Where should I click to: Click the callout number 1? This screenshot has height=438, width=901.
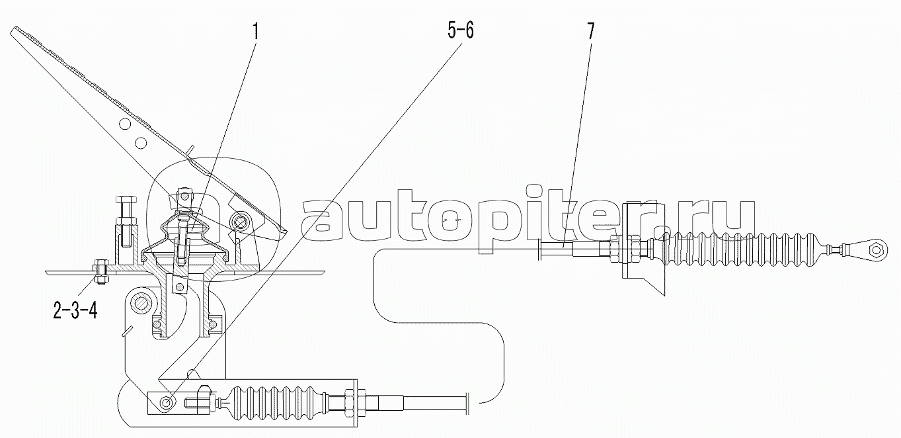[x=255, y=31]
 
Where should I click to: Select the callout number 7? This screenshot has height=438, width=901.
[x=590, y=31]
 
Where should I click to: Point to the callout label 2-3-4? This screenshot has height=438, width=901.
[x=75, y=311]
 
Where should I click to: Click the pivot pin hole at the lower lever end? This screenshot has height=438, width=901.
[x=166, y=402]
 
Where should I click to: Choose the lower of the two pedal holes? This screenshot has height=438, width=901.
[x=140, y=142]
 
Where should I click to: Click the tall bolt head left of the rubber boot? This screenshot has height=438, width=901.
[x=127, y=200]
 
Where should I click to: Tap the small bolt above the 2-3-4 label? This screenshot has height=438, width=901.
[x=100, y=274]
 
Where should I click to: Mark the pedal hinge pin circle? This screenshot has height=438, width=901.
[x=242, y=220]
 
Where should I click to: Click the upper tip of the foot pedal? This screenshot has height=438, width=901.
[x=15, y=30]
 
